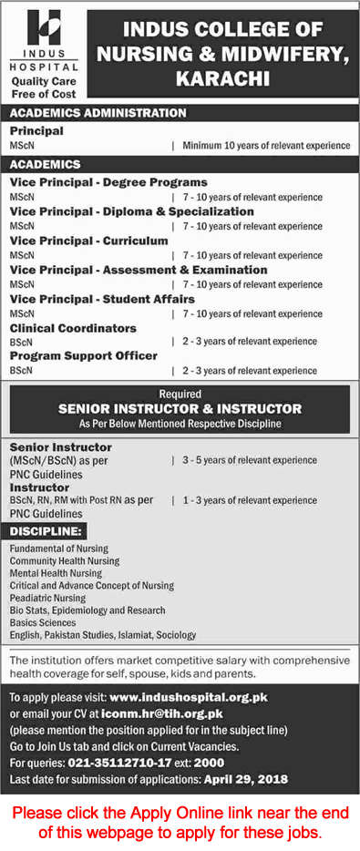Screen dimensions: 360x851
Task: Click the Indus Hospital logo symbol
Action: tap(44, 33)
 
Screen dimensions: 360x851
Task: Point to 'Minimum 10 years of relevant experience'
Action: tap(266, 146)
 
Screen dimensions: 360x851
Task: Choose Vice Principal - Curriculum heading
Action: tap(89, 241)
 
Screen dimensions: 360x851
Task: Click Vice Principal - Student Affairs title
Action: tap(102, 299)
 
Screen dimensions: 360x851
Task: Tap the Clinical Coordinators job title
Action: tap(73, 328)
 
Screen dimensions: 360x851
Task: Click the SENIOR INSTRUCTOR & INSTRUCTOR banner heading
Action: tap(180, 409)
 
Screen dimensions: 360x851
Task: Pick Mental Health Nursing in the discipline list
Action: tap(57, 573)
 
